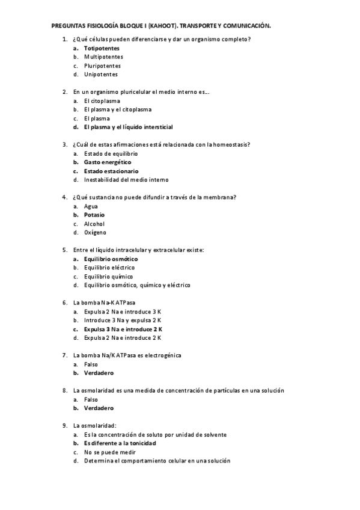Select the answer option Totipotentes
click(102, 48)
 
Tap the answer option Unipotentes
click(100, 75)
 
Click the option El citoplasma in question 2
click(102, 101)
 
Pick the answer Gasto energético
click(108, 162)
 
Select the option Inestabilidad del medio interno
click(126, 180)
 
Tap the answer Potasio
click(94, 215)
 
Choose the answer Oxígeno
click(95, 233)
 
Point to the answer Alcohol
click(94, 224)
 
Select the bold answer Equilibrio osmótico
click(111, 259)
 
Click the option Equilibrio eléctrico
click(109, 268)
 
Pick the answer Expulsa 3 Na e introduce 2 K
click(123, 330)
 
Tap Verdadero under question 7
click(99, 373)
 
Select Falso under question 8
click(91, 400)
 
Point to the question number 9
click(65, 426)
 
